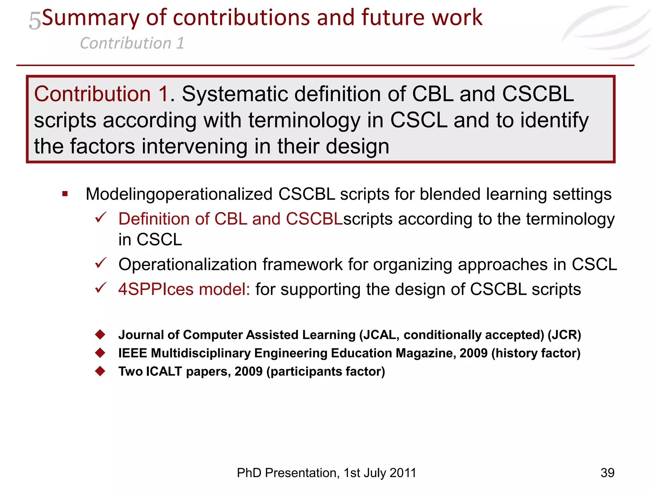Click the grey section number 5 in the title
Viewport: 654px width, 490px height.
(x=35, y=20)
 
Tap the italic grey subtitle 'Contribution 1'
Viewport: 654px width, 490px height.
(x=132, y=43)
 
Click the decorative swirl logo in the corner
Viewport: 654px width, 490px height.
(x=607, y=32)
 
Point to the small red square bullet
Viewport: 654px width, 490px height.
(x=65, y=194)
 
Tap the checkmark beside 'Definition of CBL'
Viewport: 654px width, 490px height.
(x=101, y=218)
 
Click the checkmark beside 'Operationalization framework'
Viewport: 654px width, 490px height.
(x=101, y=263)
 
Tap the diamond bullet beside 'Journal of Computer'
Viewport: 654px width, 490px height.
(x=100, y=334)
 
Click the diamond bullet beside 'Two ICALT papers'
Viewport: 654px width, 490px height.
(x=100, y=371)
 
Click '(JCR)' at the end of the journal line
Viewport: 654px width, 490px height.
(x=564, y=335)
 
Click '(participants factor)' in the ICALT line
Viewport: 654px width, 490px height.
(x=326, y=372)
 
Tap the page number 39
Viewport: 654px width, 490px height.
(x=607, y=473)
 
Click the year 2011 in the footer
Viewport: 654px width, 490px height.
(x=402, y=473)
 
